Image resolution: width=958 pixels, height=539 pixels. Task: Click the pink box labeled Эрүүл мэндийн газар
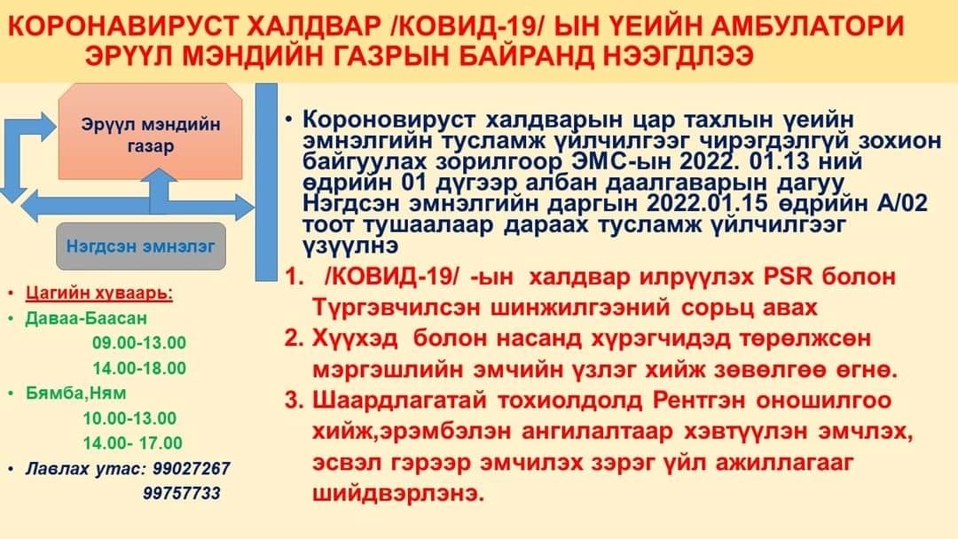150,131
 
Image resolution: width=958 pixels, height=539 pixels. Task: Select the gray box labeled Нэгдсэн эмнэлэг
141,246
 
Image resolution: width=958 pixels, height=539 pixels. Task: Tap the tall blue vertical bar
266,182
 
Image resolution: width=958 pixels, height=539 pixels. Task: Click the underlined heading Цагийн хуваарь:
99,293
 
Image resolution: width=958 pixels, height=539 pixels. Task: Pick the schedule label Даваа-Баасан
86,318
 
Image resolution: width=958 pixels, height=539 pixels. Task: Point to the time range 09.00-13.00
139,342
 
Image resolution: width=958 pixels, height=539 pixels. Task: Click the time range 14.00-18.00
139,368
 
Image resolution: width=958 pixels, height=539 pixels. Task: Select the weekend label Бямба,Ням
75,393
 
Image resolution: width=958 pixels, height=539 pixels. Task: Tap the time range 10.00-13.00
130,418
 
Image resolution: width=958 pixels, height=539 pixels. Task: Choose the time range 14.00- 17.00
132,442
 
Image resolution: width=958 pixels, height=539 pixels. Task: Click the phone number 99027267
192,469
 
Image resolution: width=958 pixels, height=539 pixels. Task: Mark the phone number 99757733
182,493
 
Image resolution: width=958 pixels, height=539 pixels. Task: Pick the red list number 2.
294,338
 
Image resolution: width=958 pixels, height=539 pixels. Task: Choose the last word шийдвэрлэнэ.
398,493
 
